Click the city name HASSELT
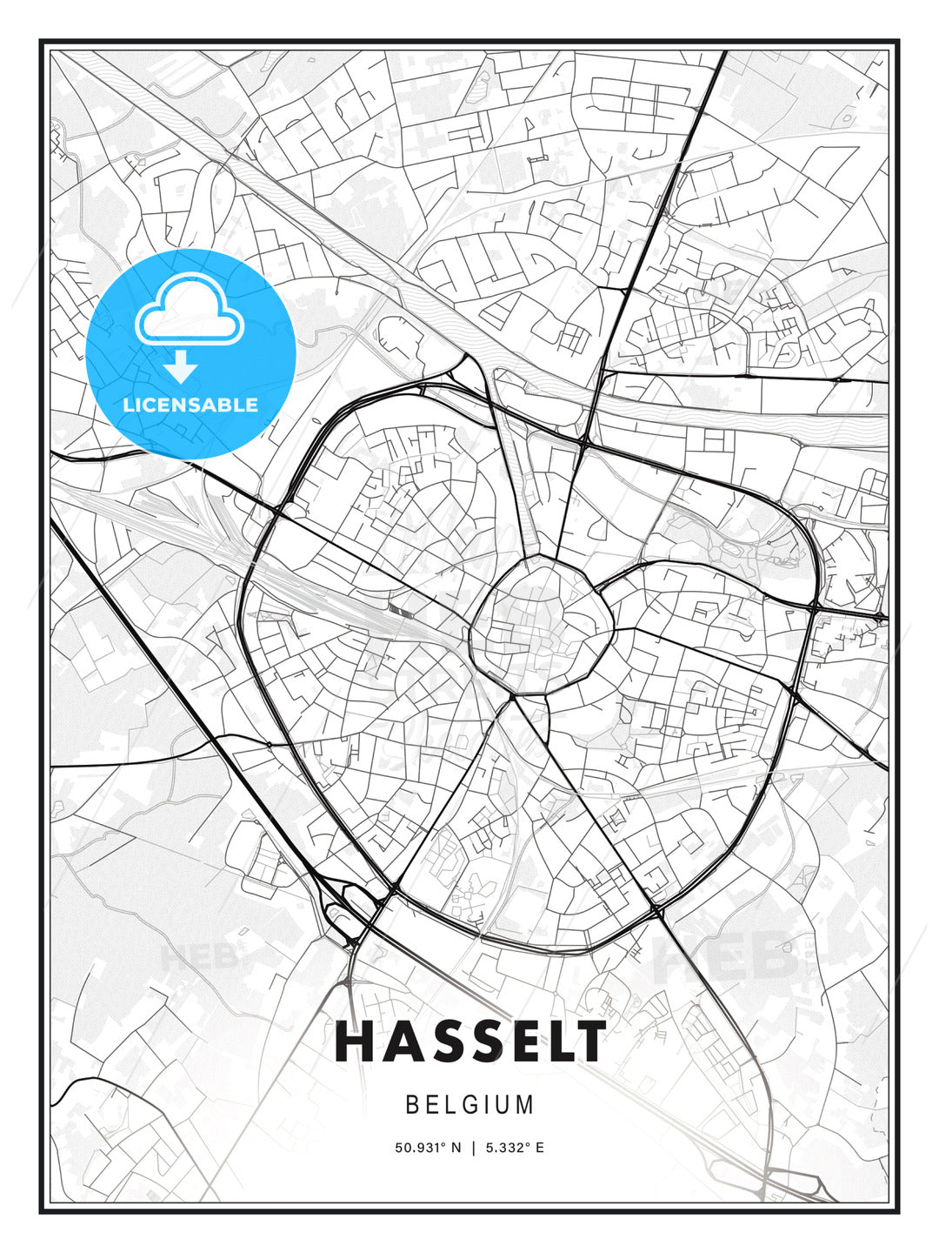469,1042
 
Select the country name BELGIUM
469,1105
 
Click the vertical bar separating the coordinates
473,1148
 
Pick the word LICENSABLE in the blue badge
190,405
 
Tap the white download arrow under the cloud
181,367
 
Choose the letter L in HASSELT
550,1042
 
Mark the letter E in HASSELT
510,1042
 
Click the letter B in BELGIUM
412,1105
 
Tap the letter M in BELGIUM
524,1105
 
